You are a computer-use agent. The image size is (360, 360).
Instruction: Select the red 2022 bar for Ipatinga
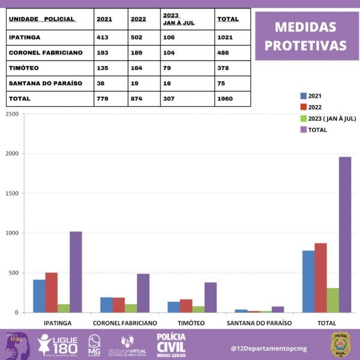[x=51, y=293]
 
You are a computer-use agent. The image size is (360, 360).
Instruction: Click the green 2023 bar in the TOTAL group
[x=332, y=300]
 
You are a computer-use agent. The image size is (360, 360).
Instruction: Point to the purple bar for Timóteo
[x=210, y=297]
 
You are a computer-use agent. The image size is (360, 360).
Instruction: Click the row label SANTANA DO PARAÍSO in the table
[x=45, y=83]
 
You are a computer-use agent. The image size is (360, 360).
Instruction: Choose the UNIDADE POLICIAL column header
[x=42, y=19]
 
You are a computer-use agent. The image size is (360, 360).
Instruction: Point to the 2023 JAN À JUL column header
[x=178, y=19]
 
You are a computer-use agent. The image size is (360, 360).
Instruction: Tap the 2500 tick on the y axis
[x=10, y=114]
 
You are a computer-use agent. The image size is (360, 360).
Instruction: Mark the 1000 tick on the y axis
[x=10, y=233]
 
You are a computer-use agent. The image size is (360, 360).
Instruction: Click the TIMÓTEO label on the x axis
[x=192, y=323]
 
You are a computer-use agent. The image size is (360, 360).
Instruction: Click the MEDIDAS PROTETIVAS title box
[x=306, y=36]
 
